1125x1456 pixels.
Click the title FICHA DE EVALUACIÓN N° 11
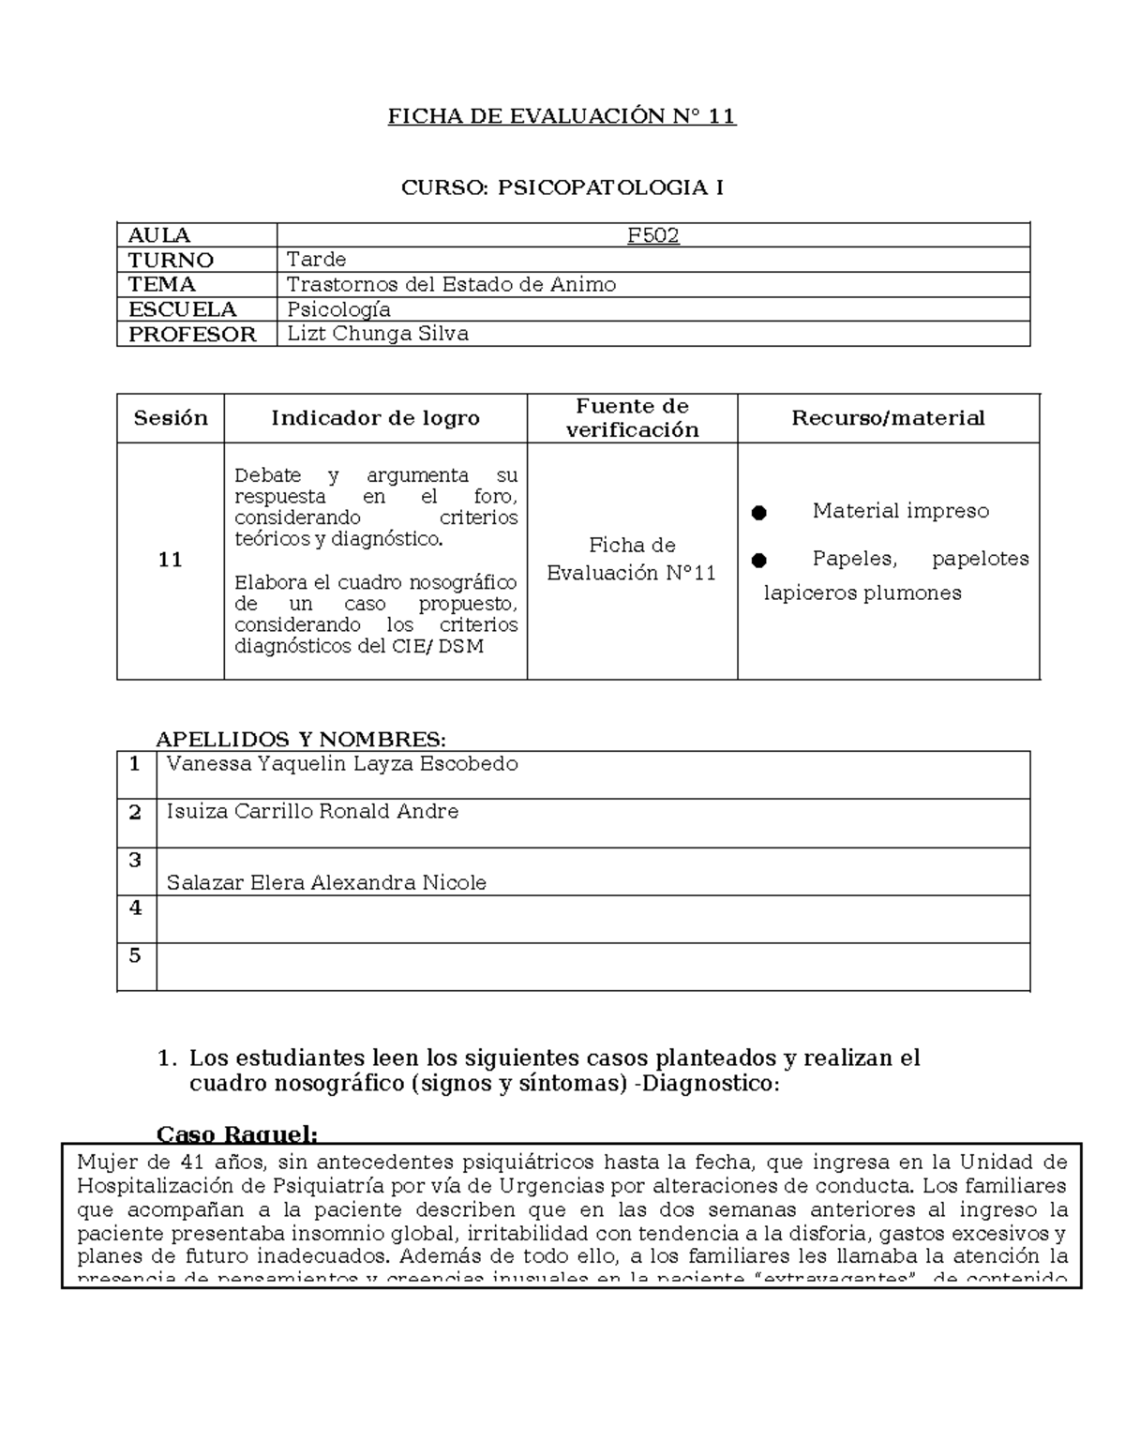coord(562,116)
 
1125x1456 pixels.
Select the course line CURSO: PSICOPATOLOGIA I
coord(562,188)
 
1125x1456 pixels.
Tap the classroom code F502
coord(652,235)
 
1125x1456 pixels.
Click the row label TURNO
coord(171,260)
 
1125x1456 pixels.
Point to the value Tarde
coord(316,259)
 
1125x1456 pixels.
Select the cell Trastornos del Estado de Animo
coord(451,284)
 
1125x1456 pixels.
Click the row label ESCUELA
coord(182,309)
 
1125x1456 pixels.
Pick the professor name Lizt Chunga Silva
coord(377,334)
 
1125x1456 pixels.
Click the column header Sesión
coord(170,418)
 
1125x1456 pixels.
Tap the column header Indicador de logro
coord(375,418)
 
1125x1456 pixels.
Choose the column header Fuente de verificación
coord(632,418)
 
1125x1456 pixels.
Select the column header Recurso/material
coord(888,418)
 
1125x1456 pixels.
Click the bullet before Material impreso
coord(759,513)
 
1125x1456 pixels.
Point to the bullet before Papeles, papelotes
coord(759,561)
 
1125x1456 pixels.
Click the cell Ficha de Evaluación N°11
coord(632,560)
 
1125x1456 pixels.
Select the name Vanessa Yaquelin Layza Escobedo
coord(342,764)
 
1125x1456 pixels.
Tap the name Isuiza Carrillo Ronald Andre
coord(312,812)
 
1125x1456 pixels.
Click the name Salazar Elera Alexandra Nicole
coord(326,882)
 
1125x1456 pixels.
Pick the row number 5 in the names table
coord(136,955)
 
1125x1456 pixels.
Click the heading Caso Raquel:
coord(236,1134)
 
